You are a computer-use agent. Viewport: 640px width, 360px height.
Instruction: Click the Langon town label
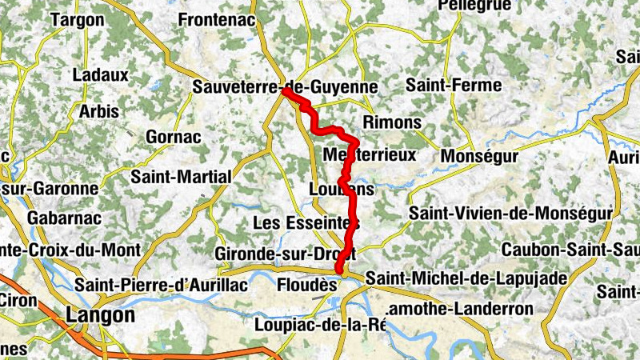coord(100,315)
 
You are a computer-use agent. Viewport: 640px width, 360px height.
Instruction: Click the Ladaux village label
coord(100,74)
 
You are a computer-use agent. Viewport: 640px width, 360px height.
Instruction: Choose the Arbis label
coord(98,111)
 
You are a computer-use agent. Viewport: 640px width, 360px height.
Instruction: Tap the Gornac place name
coord(173,137)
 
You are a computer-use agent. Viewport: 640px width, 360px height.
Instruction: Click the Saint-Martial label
coord(181,176)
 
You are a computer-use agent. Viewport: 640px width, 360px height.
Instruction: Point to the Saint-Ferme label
coord(454,85)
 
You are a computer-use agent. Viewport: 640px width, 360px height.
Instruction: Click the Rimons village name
coord(391,122)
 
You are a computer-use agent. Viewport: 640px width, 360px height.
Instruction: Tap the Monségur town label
coord(479,156)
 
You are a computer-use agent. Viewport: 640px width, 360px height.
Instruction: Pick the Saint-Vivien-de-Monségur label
coord(510,214)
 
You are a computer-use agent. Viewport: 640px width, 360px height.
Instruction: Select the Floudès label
coord(304,283)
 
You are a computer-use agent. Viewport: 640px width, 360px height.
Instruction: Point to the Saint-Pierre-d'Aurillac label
coord(154,284)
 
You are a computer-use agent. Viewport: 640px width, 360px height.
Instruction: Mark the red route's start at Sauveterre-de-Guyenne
coord(285,93)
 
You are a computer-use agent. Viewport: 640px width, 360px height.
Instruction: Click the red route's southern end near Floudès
coord(339,271)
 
